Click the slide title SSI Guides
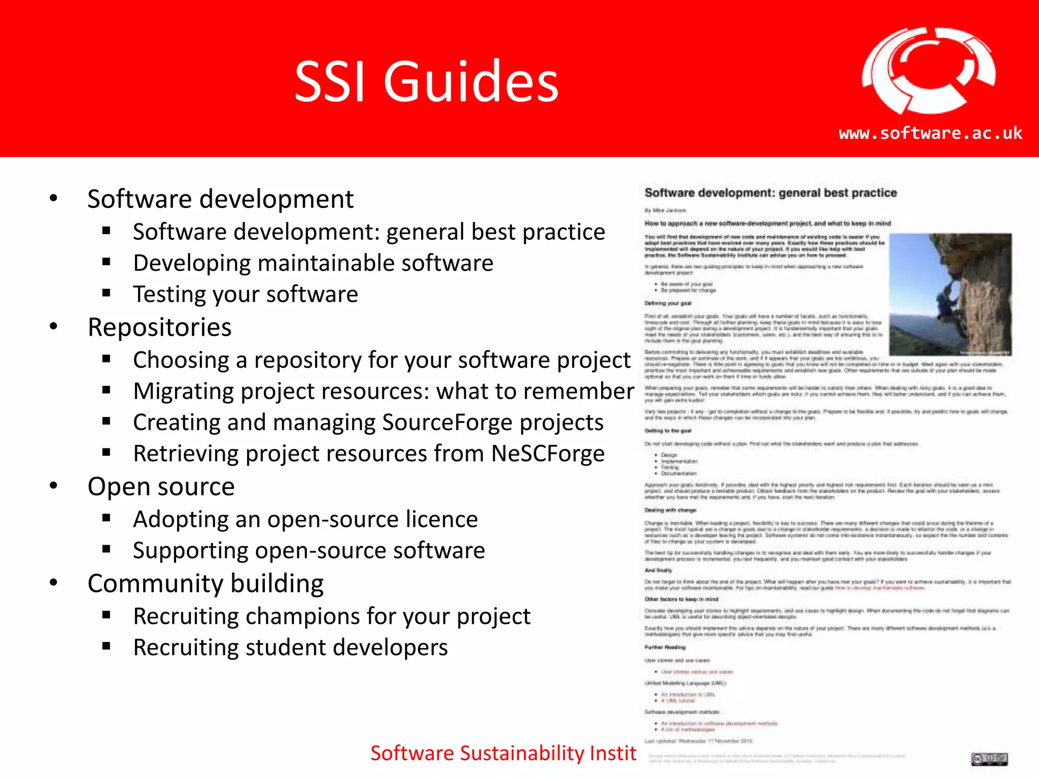426,81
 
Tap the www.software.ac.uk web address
930,133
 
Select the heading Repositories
159,327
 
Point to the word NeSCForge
548,453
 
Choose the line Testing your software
246,295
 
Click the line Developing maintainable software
313,263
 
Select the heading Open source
161,487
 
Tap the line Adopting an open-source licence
305,519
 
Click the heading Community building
205,584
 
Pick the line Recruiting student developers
290,648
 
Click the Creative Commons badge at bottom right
989,759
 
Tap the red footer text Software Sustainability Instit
503,753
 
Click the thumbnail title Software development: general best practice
770,193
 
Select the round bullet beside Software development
54,198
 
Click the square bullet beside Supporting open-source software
106,549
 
